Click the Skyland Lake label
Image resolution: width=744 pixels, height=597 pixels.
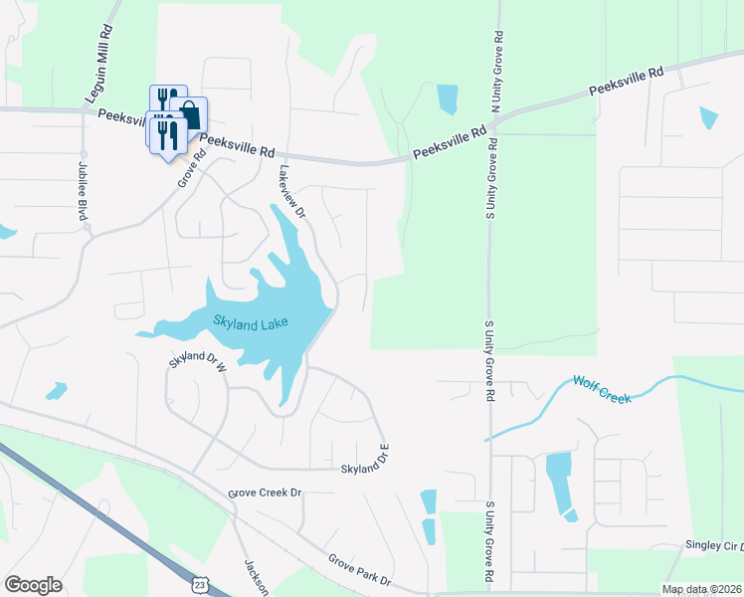(245, 320)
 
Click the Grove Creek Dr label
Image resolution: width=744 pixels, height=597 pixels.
(265, 492)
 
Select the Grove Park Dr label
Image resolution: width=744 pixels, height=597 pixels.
(359, 570)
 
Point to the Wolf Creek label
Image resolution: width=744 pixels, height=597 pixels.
(602, 388)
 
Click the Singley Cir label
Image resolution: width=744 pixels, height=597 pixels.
(712, 545)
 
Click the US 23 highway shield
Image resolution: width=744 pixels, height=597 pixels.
(201, 580)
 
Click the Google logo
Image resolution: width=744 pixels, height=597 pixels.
(33, 584)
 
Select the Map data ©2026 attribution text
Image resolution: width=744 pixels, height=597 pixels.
(700, 589)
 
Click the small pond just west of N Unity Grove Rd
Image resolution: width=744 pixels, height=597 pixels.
(447, 99)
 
